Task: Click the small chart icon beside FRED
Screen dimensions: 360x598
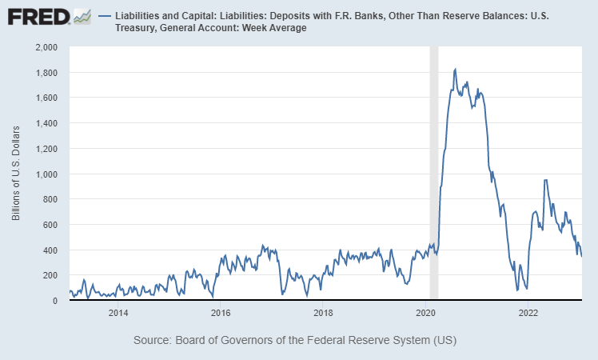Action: tap(82, 16)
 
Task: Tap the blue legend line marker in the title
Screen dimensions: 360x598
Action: tap(104, 16)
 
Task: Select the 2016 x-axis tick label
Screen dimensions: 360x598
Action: tap(221, 312)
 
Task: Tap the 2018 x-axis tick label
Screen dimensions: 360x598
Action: tap(323, 312)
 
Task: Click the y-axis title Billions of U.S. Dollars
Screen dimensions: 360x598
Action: tap(17, 174)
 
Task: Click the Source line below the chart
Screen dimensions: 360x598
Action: tap(294, 340)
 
